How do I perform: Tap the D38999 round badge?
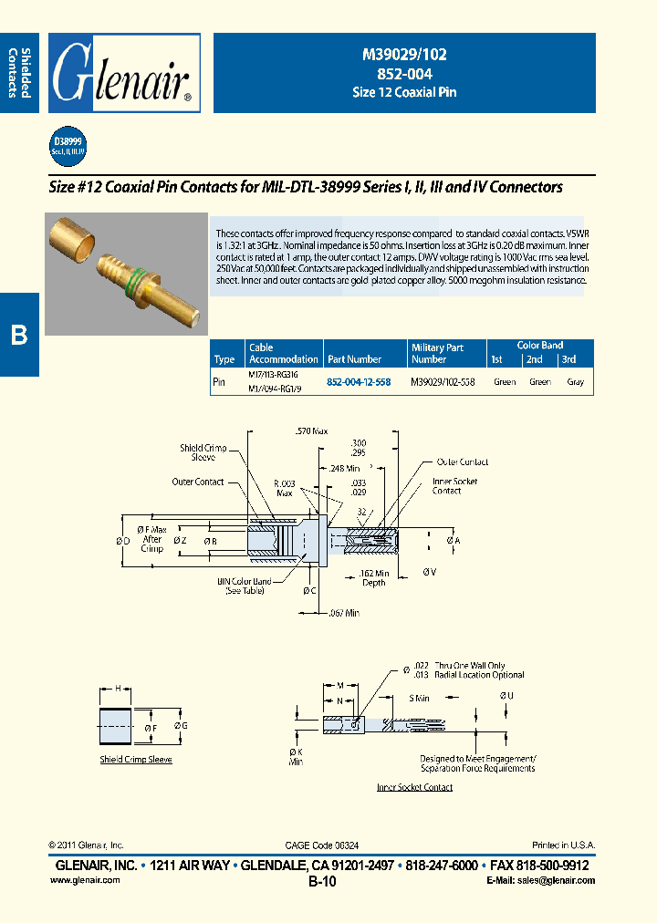[67, 146]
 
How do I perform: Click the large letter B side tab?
[19, 335]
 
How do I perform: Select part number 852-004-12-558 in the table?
[359, 382]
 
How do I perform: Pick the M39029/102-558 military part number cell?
[443, 382]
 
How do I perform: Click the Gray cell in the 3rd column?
[575, 382]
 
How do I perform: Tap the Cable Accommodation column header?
[283, 353]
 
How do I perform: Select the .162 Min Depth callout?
[373, 577]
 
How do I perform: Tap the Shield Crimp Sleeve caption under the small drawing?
[135, 759]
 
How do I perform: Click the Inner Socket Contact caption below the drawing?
[414, 787]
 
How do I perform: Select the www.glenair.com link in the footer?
[81, 880]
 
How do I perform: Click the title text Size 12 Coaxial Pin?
[404, 92]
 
